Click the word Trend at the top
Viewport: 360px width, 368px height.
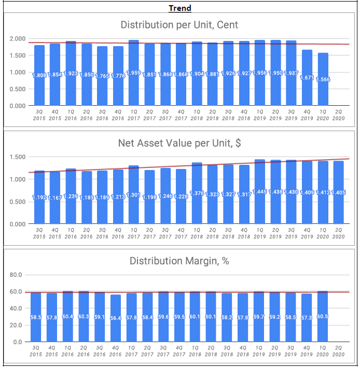[180, 8]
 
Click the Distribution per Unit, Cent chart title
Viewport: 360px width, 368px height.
[179, 24]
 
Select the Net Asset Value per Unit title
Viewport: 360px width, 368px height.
[179, 143]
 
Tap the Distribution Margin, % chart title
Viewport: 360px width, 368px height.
[179, 261]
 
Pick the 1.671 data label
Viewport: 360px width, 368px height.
[307, 77]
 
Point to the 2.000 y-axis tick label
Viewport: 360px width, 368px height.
[18, 39]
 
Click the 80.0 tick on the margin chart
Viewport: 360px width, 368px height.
[16, 275]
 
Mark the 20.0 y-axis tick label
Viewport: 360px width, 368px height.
[16, 325]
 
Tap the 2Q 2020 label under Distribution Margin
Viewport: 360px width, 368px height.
[339, 351]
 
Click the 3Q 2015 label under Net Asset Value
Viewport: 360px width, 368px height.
[39, 233]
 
